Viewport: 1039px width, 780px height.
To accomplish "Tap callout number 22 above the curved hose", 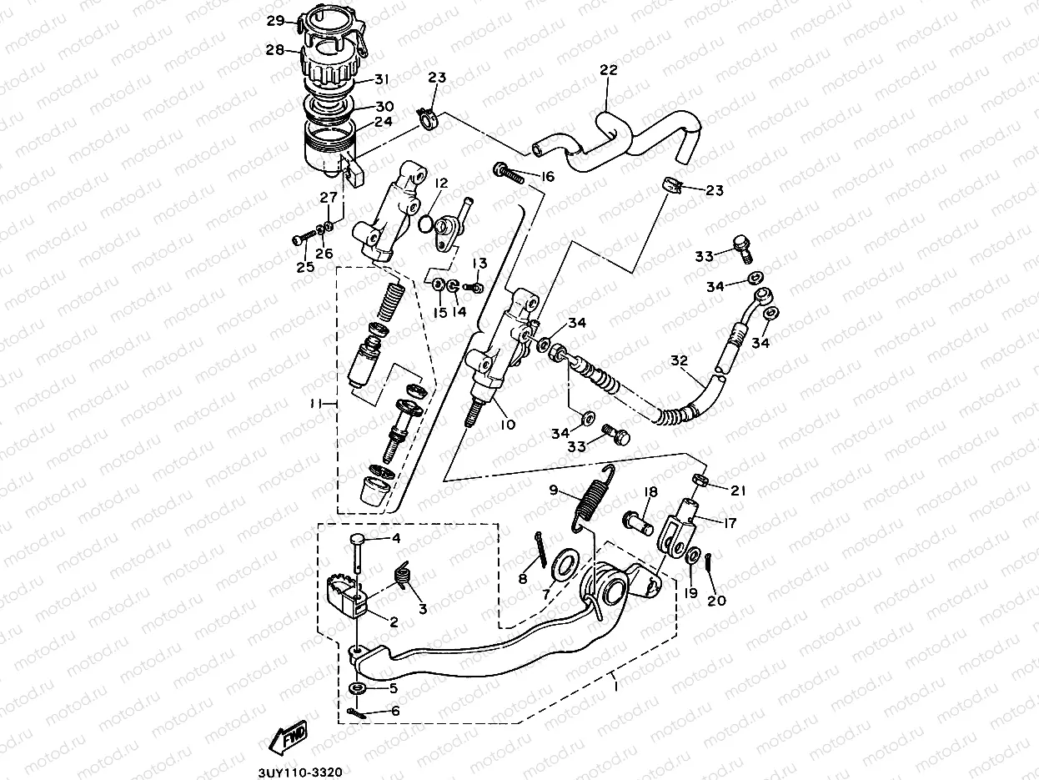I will [x=608, y=71].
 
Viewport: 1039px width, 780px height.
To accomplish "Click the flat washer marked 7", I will [x=564, y=564].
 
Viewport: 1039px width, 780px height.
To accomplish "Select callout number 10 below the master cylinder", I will [x=507, y=425].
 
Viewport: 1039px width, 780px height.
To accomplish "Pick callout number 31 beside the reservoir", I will [x=382, y=80].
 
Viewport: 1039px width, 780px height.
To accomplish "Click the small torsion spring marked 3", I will [x=404, y=576].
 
